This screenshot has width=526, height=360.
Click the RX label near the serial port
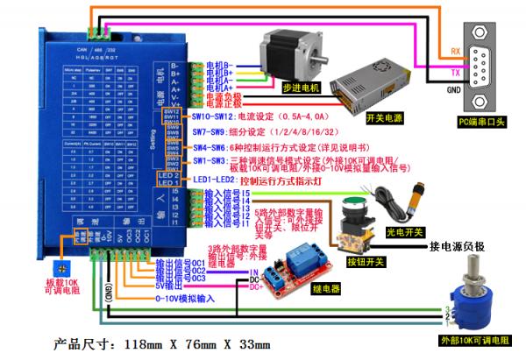[x=455, y=50]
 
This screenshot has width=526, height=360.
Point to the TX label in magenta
[x=455, y=72]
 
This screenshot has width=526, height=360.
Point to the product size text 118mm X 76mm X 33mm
[x=158, y=342]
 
